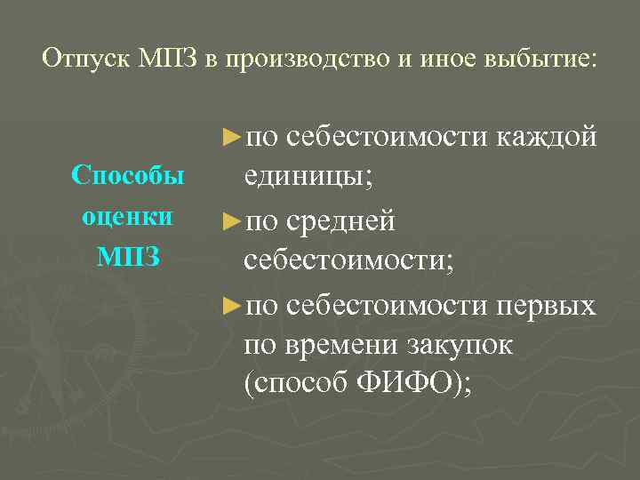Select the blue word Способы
tap(128, 175)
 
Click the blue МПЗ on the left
tap(128, 258)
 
